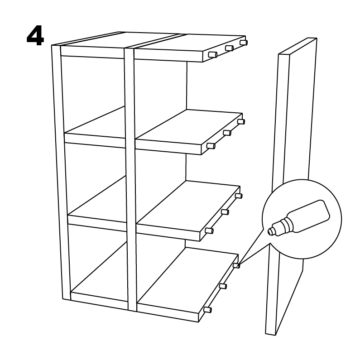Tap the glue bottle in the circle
299,218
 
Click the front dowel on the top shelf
212,55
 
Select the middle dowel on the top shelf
230,48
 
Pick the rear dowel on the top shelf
244,43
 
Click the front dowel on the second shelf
211,146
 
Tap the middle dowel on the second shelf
227,133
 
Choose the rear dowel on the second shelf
241,121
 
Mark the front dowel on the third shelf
209,231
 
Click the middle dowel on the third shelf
225,212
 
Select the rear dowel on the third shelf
239,196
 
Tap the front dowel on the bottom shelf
208,310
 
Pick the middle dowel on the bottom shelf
223,286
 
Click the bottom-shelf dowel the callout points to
236,266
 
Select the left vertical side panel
61,172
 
